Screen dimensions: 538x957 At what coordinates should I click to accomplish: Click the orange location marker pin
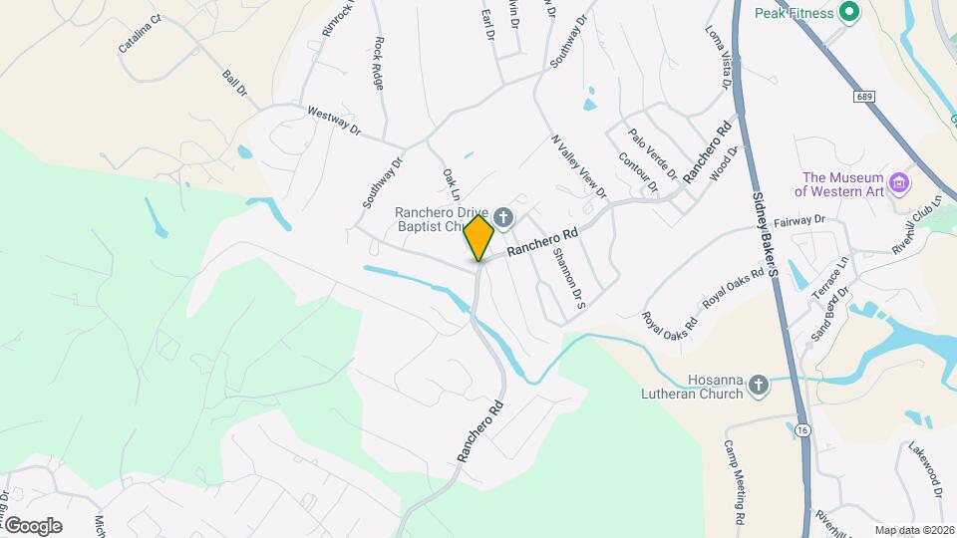tap(478, 237)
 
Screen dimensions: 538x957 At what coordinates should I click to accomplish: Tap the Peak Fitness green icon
tap(849, 12)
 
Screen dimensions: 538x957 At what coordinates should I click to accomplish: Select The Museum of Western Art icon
tap(900, 182)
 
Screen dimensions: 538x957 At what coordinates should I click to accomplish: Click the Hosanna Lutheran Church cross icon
tap(759, 386)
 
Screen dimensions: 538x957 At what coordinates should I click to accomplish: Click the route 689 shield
tap(863, 96)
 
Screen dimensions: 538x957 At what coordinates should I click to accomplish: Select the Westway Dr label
tap(333, 121)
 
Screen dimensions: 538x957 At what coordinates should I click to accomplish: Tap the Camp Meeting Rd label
tap(735, 482)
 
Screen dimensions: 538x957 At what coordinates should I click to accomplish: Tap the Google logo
tap(33, 525)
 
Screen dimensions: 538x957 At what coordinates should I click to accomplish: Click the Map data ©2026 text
tap(914, 530)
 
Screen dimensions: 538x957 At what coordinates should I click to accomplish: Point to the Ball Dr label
tap(234, 84)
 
